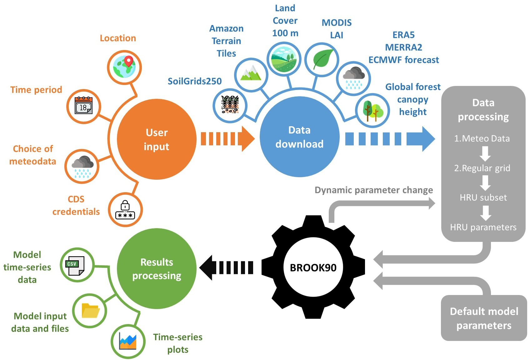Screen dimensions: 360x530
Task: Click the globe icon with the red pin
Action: pos(124,67)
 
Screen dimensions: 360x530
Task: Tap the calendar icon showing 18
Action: pos(83,106)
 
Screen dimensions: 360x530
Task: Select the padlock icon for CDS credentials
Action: pos(125,210)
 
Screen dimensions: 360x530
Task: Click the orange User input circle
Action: pos(157,139)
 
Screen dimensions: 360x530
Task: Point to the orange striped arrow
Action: pos(227,139)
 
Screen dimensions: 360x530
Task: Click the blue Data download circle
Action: pos(299,137)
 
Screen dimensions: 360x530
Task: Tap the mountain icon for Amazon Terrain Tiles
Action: pos(251,74)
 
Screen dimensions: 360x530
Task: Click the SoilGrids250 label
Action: pos(195,81)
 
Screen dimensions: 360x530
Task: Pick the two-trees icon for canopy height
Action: pos(372,111)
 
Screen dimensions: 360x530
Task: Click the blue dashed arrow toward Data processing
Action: pos(390,139)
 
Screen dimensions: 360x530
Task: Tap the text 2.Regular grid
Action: pos(482,168)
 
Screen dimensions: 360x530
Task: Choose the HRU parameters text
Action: pos(483,227)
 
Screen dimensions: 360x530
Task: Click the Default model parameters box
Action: pos(484,318)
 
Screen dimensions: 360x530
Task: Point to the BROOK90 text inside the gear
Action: pos(313,268)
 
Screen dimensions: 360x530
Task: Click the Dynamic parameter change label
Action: pos(374,190)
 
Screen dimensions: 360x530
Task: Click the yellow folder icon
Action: pos(90,311)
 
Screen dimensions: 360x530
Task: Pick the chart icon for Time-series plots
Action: pos(128,341)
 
